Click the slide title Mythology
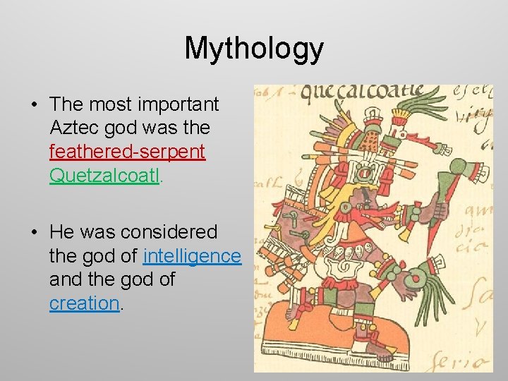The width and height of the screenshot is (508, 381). tap(254, 49)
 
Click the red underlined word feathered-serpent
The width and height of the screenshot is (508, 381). tap(127, 152)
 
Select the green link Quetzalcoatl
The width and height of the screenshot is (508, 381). tap(105, 175)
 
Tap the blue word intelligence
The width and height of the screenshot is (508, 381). tap(192, 256)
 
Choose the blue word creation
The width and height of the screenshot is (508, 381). tap(84, 303)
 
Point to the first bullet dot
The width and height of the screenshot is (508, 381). tap(34, 105)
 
